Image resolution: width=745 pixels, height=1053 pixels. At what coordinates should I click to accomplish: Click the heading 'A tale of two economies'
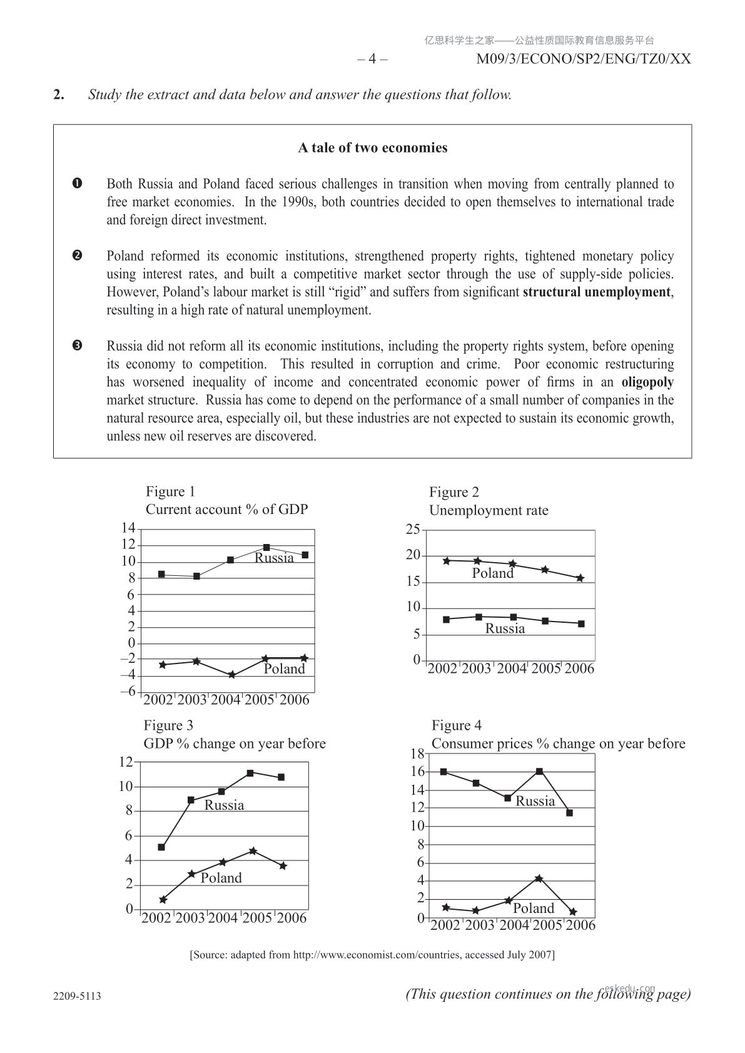(372, 148)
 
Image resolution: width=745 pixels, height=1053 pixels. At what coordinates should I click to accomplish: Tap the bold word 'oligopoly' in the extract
(647, 382)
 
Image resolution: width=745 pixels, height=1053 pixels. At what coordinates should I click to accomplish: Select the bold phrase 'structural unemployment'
(597, 292)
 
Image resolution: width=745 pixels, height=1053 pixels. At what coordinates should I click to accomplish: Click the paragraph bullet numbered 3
(77, 346)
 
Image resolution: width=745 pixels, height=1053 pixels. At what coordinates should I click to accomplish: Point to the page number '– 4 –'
(372, 59)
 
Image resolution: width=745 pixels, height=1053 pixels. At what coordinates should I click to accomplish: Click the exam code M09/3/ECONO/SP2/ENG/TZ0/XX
(584, 59)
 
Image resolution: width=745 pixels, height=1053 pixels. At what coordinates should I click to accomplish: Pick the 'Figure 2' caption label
(454, 492)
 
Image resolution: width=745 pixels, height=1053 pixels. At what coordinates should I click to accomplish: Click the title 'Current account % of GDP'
(226, 510)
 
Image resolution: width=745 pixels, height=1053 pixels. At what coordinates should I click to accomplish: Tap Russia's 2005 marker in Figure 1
(266, 548)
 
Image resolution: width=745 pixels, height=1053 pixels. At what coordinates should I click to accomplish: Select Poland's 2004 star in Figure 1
(231, 675)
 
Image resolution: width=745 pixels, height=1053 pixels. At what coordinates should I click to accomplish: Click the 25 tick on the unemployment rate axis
(413, 530)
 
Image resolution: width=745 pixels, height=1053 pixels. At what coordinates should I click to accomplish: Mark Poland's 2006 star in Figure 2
(580, 578)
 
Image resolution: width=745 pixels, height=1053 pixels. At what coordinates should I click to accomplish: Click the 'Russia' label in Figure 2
(505, 629)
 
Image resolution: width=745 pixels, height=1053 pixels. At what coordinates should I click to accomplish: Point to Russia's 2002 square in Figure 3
(161, 847)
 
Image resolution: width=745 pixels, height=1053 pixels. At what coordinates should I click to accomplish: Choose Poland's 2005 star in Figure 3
(253, 851)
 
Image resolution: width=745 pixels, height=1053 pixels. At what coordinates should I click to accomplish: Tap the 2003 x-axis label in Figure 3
(190, 918)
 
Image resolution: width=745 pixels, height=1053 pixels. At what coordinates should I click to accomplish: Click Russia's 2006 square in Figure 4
(569, 813)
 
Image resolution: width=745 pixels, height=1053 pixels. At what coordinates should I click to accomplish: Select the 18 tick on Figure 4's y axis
(417, 754)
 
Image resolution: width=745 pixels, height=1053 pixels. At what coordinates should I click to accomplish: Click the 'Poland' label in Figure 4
(534, 909)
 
